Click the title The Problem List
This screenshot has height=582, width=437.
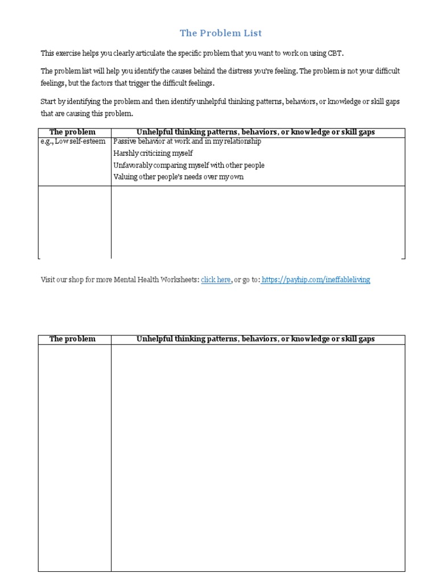point(220,33)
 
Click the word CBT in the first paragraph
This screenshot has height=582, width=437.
point(335,53)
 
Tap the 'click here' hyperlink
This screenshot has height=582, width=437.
point(216,280)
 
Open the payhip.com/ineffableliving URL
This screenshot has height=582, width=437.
point(317,280)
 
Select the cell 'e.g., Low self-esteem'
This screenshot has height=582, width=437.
point(73,142)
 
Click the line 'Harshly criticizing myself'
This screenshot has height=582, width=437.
point(153,153)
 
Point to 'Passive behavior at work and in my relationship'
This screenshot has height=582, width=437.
point(187,142)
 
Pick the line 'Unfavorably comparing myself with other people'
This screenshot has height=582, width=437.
point(189,165)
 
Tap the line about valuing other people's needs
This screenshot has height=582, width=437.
point(178,177)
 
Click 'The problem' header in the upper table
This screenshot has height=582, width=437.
point(72,132)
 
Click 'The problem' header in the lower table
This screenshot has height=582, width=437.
point(72,339)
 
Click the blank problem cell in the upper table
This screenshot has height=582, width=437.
point(75,222)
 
